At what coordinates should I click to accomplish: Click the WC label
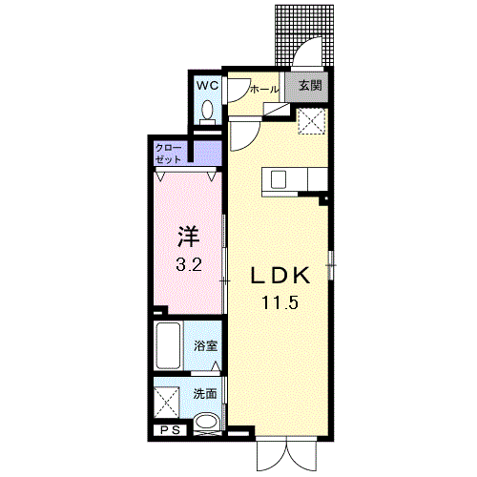tap(207, 85)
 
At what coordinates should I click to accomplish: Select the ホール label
tap(264, 90)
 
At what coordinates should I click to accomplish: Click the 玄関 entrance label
tap(310, 85)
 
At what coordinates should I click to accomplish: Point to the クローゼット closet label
tap(169, 154)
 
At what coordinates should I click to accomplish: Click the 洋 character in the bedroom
tap(189, 237)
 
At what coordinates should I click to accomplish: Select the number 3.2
tap(189, 264)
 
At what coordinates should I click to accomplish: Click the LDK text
tap(280, 276)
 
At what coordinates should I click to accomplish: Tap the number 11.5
tap(280, 302)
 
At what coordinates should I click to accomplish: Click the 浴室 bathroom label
tap(205, 346)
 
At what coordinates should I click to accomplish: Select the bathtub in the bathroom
tap(168, 345)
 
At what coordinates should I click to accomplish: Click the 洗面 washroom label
tap(205, 394)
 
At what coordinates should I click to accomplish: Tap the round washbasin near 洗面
tap(207, 422)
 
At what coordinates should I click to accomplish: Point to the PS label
tap(170, 430)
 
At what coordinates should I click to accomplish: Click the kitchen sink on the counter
tap(279, 179)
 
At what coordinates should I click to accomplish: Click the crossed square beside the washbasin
tap(167, 402)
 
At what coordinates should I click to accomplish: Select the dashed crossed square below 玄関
tap(312, 121)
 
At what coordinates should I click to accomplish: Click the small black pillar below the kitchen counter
tap(323, 200)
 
